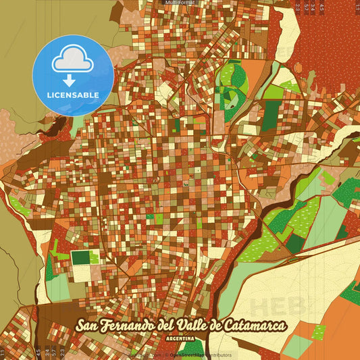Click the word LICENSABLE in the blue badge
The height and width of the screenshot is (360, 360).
[73, 95]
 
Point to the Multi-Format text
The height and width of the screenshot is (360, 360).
[180, 3]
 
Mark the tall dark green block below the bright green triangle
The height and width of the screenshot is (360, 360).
[271, 115]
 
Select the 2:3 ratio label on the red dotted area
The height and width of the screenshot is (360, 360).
[298, 7]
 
